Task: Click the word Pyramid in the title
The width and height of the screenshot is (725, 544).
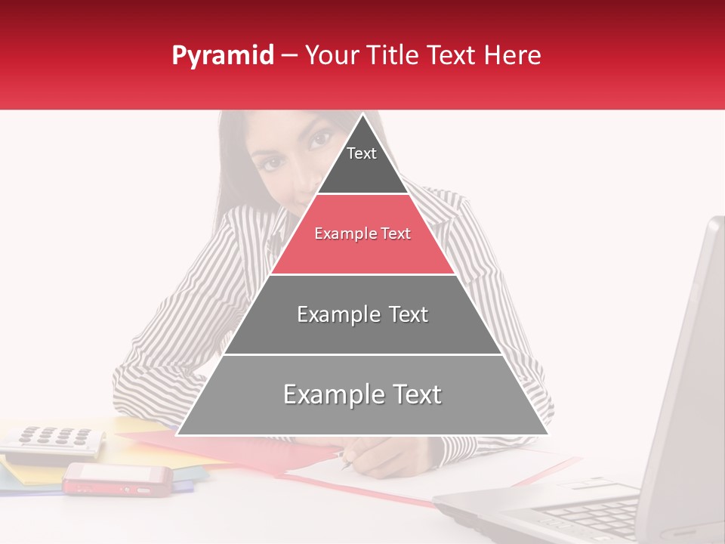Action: [x=222, y=56]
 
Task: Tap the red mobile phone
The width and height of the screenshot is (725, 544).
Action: [x=117, y=479]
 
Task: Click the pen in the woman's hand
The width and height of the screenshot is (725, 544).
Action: [x=347, y=461]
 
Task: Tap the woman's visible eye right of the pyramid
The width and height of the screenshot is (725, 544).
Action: [x=322, y=140]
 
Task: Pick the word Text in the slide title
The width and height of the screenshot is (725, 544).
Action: [x=452, y=56]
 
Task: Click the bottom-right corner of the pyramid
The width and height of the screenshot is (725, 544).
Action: [x=548, y=434]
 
